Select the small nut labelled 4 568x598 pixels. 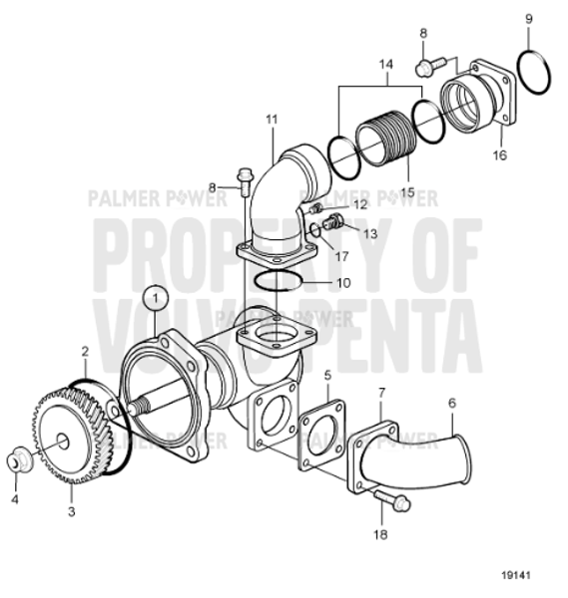(x=18, y=462)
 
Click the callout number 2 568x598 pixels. (x=86, y=351)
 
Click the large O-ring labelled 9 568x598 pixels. (x=539, y=74)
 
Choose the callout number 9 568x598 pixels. (x=529, y=18)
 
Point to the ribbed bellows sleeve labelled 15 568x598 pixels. (x=385, y=139)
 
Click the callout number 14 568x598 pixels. (x=385, y=63)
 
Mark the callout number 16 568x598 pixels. (x=499, y=156)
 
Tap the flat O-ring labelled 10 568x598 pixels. (x=274, y=282)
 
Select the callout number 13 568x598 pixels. (x=372, y=233)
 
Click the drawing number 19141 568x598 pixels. (x=518, y=576)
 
